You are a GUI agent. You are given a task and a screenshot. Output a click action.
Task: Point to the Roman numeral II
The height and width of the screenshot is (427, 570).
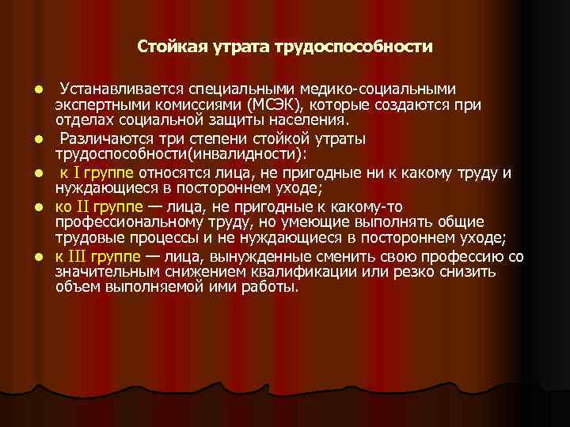pyautogui.click(x=84, y=207)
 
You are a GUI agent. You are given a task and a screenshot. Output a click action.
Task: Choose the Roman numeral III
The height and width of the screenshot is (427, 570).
pyautogui.click(x=78, y=257)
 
